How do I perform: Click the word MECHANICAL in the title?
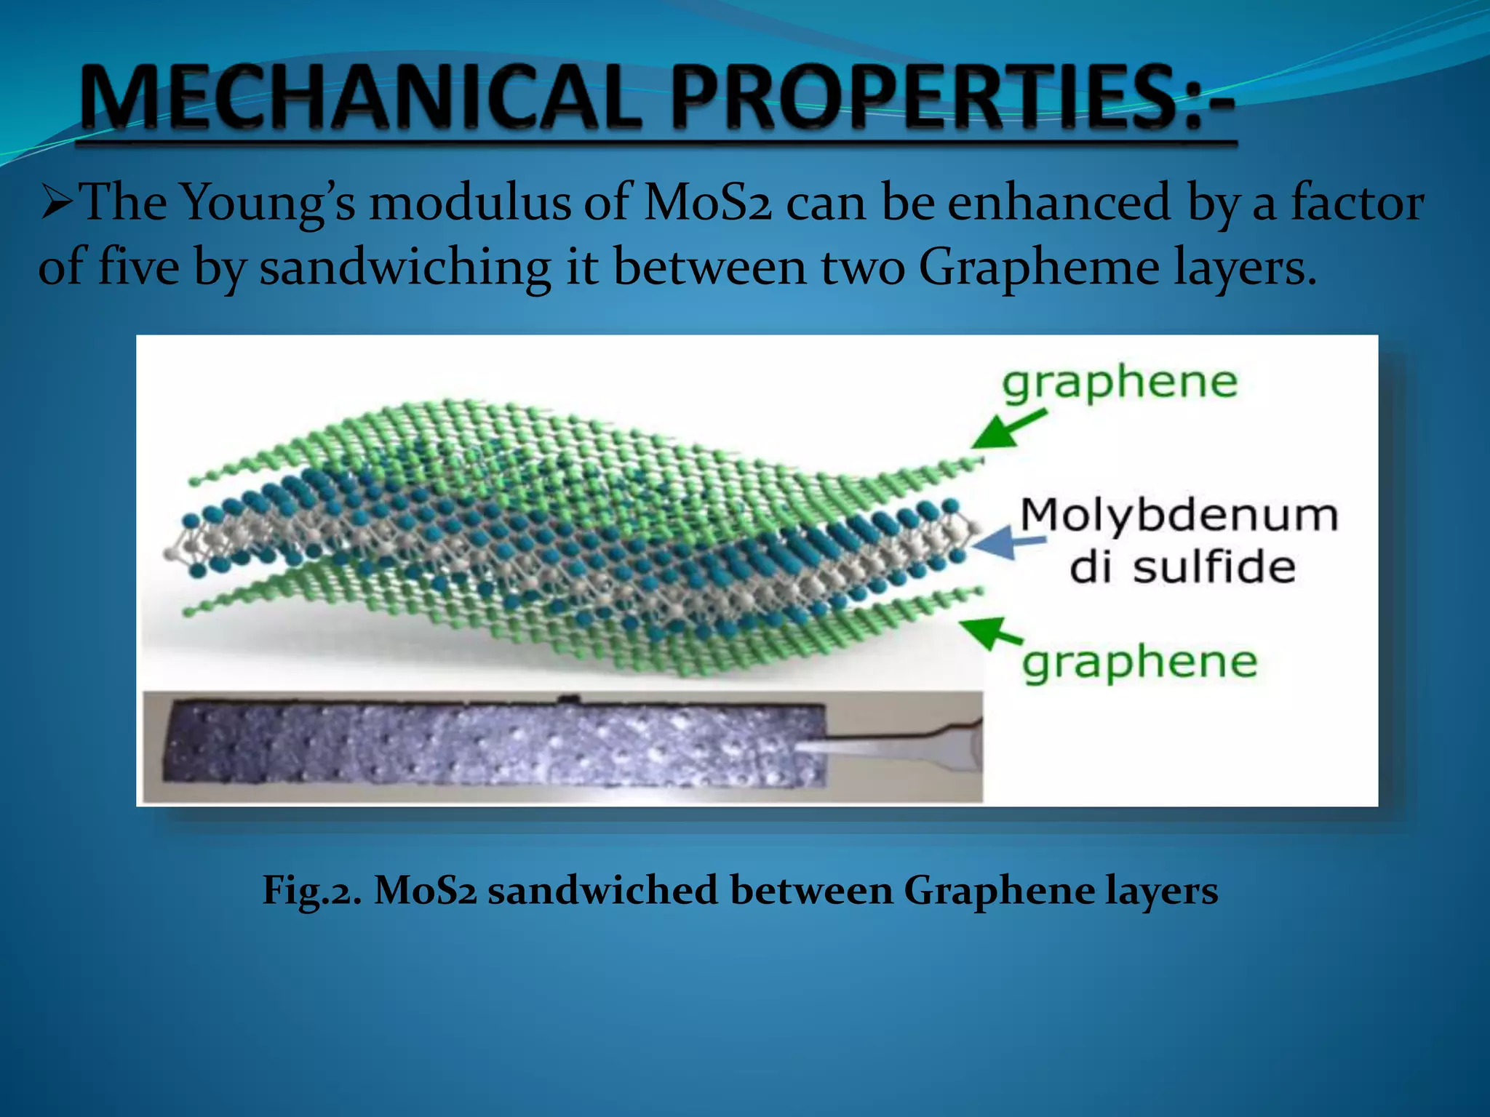point(360,98)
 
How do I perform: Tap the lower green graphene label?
point(1139,662)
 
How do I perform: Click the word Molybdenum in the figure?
point(1179,515)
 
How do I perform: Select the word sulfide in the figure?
point(1214,567)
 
